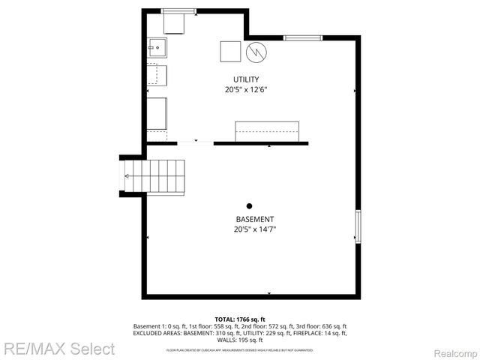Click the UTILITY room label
tap(246, 79)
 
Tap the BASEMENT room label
tap(250, 220)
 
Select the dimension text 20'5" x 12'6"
tap(246, 90)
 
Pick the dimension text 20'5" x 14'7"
tap(250, 230)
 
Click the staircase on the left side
tap(154, 176)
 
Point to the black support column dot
tap(250, 206)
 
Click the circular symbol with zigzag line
tap(256, 52)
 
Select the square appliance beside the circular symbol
tap(229, 52)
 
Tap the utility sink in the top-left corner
tap(157, 48)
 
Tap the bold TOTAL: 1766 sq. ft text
tap(240, 319)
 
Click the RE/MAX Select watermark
tap(58, 349)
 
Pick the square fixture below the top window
tap(175, 24)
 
